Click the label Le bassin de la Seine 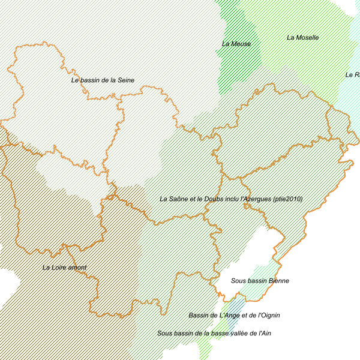pos(103,80)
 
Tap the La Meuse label pos(236,44)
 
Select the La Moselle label pos(302,38)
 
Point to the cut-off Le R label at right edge pos(352,75)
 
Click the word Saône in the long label pos(181,199)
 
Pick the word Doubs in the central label pos(213,199)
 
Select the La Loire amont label pos(64,268)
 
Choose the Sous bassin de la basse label pos(193,333)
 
